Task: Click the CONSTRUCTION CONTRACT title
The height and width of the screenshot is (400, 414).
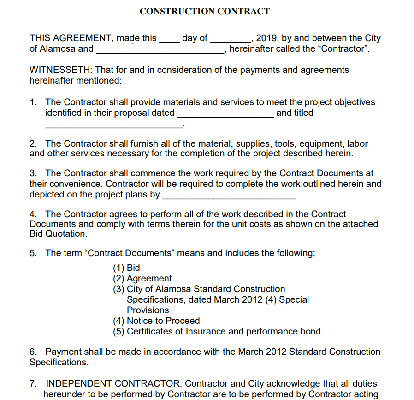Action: (x=204, y=12)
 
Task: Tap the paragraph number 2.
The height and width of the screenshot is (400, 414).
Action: (x=33, y=144)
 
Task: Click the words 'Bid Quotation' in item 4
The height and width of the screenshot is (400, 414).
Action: (x=58, y=234)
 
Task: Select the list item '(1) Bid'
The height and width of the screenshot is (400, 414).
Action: (x=126, y=268)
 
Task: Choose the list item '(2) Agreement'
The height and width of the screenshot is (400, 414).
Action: (x=142, y=279)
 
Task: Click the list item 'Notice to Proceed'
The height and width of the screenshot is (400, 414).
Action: (x=163, y=321)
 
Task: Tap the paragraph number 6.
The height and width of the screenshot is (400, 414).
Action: (x=33, y=352)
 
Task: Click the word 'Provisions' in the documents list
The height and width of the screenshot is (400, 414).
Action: (x=148, y=310)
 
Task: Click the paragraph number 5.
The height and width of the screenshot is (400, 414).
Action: (x=33, y=253)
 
